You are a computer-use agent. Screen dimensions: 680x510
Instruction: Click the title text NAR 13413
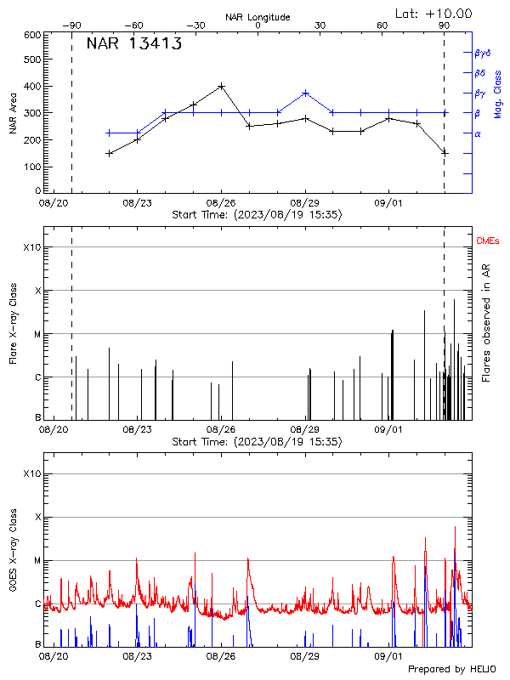pyautogui.click(x=133, y=45)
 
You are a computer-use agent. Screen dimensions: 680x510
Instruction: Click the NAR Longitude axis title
pyautogui.click(x=258, y=16)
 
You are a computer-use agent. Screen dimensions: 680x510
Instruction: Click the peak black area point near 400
pyautogui.click(x=222, y=86)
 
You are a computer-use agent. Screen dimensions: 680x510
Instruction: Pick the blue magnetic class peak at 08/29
pyautogui.click(x=305, y=93)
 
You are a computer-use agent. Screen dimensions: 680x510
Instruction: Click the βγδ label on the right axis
pyautogui.click(x=482, y=52)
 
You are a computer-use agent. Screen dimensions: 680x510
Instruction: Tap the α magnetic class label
pyautogui.click(x=478, y=133)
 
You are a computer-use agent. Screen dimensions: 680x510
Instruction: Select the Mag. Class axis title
pyautogui.click(x=498, y=94)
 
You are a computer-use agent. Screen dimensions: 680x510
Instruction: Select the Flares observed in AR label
pyautogui.click(x=486, y=323)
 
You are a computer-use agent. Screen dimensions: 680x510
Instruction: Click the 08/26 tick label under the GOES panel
pyautogui.click(x=221, y=657)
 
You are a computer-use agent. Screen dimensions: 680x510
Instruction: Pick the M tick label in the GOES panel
pyautogui.click(x=36, y=561)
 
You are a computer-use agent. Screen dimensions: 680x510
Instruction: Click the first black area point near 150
pyautogui.click(x=109, y=153)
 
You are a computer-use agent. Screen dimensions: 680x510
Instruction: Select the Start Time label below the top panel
pyautogui.click(x=257, y=215)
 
